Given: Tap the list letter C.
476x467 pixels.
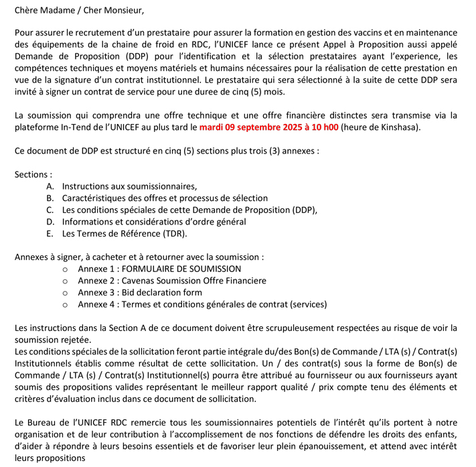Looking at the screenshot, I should tap(50, 210).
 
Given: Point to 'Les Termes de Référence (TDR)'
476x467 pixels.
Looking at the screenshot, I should tap(125, 234).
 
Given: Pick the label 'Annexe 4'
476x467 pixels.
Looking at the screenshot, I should tap(96, 305).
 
